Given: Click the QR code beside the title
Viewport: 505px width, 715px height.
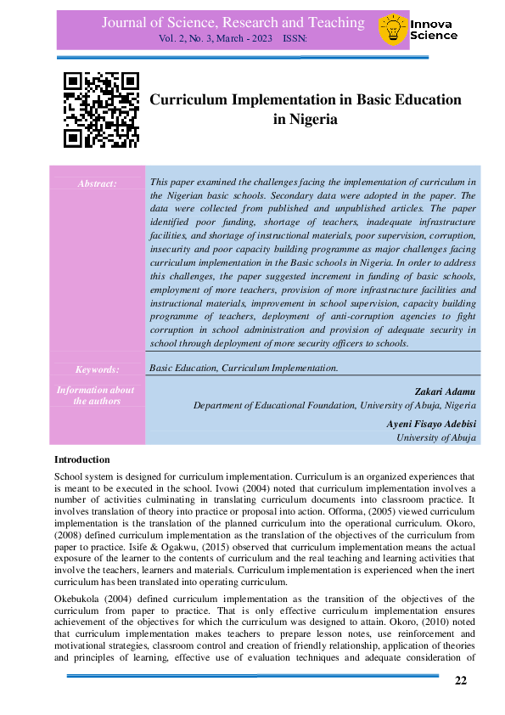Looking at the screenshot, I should [x=101, y=110].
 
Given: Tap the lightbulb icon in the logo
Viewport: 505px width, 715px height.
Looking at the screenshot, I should [x=392, y=30].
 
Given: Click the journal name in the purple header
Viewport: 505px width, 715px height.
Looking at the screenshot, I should [x=233, y=23].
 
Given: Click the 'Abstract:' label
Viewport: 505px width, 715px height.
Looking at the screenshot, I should [x=97, y=183].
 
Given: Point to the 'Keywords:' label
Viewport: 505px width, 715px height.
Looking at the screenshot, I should [x=97, y=369].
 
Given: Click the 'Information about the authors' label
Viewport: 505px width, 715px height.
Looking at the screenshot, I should [x=95, y=395].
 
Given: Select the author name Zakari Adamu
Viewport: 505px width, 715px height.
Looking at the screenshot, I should [x=446, y=391].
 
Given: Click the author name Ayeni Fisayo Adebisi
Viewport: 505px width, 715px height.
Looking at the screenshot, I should [x=431, y=423].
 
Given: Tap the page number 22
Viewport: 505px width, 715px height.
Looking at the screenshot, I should [x=461, y=680].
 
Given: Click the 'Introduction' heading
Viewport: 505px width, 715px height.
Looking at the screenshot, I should [x=82, y=459].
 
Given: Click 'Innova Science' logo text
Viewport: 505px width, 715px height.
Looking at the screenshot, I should [x=433, y=30].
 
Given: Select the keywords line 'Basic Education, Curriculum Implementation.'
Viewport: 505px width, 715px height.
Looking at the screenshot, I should [x=244, y=368].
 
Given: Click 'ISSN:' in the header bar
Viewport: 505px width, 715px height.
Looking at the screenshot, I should [x=296, y=39].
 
